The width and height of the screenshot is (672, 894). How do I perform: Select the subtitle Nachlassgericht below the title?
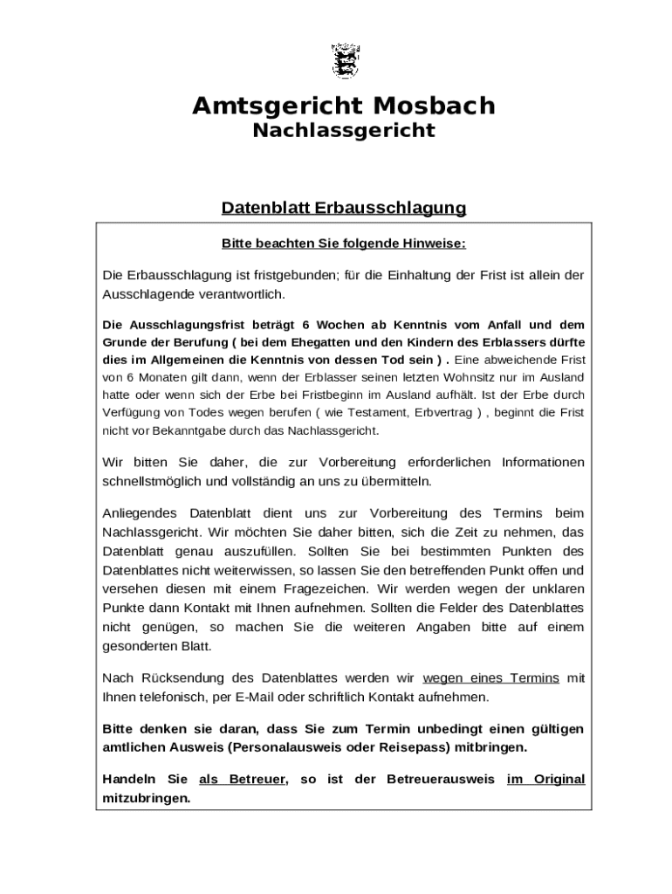tap(343, 131)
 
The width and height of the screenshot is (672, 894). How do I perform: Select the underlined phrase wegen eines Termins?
tap(490, 678)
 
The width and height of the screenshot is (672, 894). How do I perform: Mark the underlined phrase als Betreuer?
tap(243, 779)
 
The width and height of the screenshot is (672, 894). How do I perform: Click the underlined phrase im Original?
tap(545, 779)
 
